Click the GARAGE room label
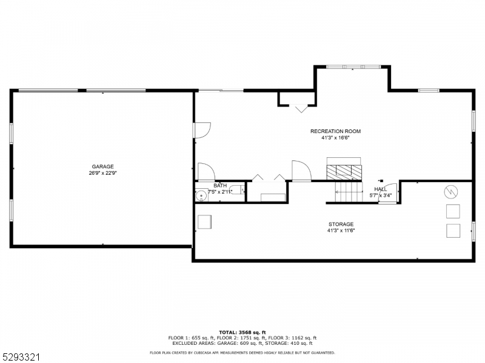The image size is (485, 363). coord(102,166)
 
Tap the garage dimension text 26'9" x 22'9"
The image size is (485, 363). coord(102,173)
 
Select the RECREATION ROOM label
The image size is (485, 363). coord(335,131)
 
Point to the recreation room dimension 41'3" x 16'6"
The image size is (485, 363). coord(335,138)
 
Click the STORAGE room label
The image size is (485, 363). coord(341,224)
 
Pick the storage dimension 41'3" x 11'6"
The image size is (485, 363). coord(341,231)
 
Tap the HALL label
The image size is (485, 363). coord(381,189)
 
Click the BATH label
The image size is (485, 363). coord(220,186)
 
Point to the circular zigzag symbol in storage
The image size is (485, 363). coord(451,192)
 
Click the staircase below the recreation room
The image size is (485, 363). coord(348,192)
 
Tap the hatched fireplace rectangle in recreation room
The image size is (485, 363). coord(344,171)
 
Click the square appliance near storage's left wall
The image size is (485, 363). coord(204,222)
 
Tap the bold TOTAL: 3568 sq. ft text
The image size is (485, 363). coord(242,333)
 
